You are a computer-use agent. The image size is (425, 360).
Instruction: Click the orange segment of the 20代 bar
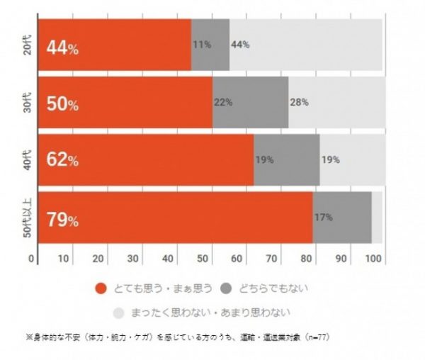pos(113,45)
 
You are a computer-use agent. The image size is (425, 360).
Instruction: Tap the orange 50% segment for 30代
pos(125,102)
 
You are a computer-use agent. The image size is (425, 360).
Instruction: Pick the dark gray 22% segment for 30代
pos(250,102)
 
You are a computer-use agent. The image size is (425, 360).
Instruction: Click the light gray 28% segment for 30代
pos(336,102)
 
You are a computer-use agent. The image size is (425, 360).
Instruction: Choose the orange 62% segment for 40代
pos(145,160)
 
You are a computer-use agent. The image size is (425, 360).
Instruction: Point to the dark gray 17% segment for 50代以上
pos(341,218)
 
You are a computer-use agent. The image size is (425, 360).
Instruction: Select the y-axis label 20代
pos(19,45)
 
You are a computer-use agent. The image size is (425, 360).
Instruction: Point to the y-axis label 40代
pos(19,160)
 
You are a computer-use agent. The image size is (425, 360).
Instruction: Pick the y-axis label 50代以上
pos(19,218)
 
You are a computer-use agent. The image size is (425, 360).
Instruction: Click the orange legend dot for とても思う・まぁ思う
pos(100,288)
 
